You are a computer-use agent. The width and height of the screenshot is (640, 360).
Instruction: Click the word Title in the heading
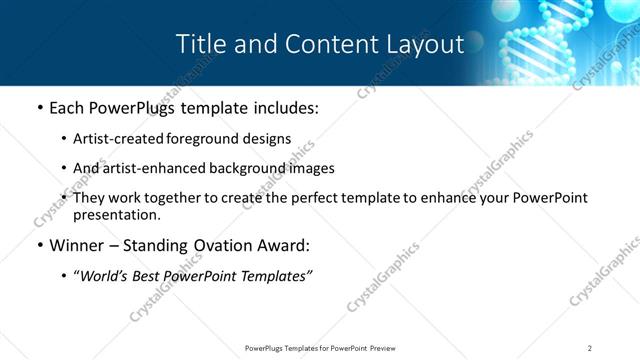(199, 45)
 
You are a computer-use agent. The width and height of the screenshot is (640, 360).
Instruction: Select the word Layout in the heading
(425, 45)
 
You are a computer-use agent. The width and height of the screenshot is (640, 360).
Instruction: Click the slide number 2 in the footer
(590, 347)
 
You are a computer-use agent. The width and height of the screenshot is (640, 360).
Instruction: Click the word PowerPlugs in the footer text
(268, 347)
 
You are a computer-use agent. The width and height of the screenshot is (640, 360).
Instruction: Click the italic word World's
(104, 275)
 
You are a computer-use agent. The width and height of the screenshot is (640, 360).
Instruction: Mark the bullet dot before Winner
(39, 245)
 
